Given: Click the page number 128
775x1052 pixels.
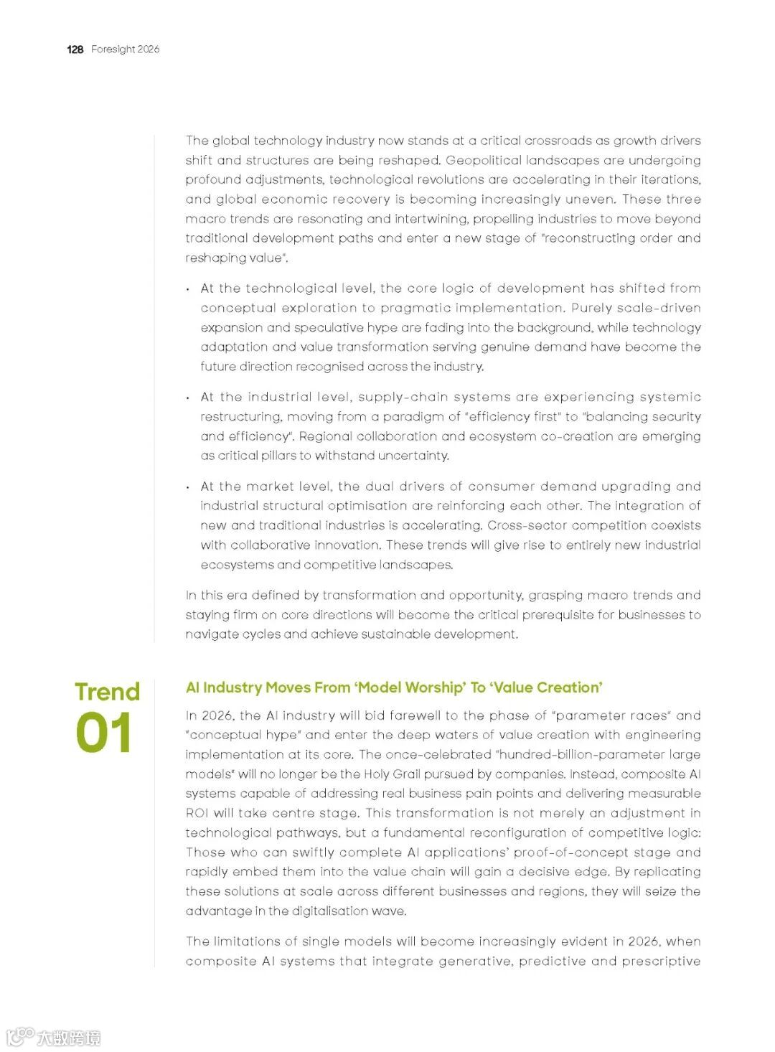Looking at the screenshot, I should coord(75,50).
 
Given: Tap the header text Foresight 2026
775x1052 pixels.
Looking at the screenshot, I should coord(126,50).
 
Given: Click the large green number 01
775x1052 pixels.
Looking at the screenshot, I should coord(104,733).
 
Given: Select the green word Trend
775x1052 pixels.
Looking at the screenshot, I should coord(107,692).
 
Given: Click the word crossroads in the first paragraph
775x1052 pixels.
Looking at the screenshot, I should coord(558,141).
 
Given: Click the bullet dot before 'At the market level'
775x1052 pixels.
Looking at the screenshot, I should coord(188,487).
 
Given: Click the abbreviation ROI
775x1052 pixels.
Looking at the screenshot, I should coord(197,813).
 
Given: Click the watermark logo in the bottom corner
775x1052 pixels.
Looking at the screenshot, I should coord(54,1037).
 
